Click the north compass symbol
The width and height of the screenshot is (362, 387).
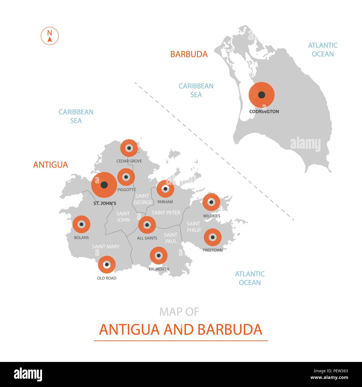click(x=50, y=36)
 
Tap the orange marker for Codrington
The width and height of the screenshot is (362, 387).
click(x=261, y=95)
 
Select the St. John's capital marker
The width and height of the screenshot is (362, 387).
click(x=104, y=185)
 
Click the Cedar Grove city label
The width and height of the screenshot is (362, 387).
click(x=129, y=161)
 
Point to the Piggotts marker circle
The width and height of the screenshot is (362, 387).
click(x=126, y=177)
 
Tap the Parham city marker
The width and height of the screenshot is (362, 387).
click(x=165, y=189)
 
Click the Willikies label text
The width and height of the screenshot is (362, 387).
click(x=212, y=216)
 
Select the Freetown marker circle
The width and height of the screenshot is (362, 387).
click(x=212, y=237)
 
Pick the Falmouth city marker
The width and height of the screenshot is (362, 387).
click(x=158, y=255)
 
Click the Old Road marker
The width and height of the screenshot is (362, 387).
click(x=107, y=264)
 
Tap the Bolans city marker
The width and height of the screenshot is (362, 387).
click(x=81, y=224)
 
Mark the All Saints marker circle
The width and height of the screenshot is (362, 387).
click(x=147, y=225)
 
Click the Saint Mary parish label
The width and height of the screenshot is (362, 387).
click(x=106, y=246)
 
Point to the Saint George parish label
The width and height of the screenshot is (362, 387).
click(x=143, y=199)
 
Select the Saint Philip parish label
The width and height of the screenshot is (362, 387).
click(x=194, y=227)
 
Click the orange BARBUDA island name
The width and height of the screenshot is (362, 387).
click(x=189, y=54)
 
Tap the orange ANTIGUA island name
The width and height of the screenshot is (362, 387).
click(x=50, y=165)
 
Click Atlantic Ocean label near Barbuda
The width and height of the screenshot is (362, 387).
click(x=323, y=50)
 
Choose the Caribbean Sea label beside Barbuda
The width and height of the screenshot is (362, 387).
click(x=196, y=90)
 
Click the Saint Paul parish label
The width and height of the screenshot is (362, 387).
click(x=171, y=238)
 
